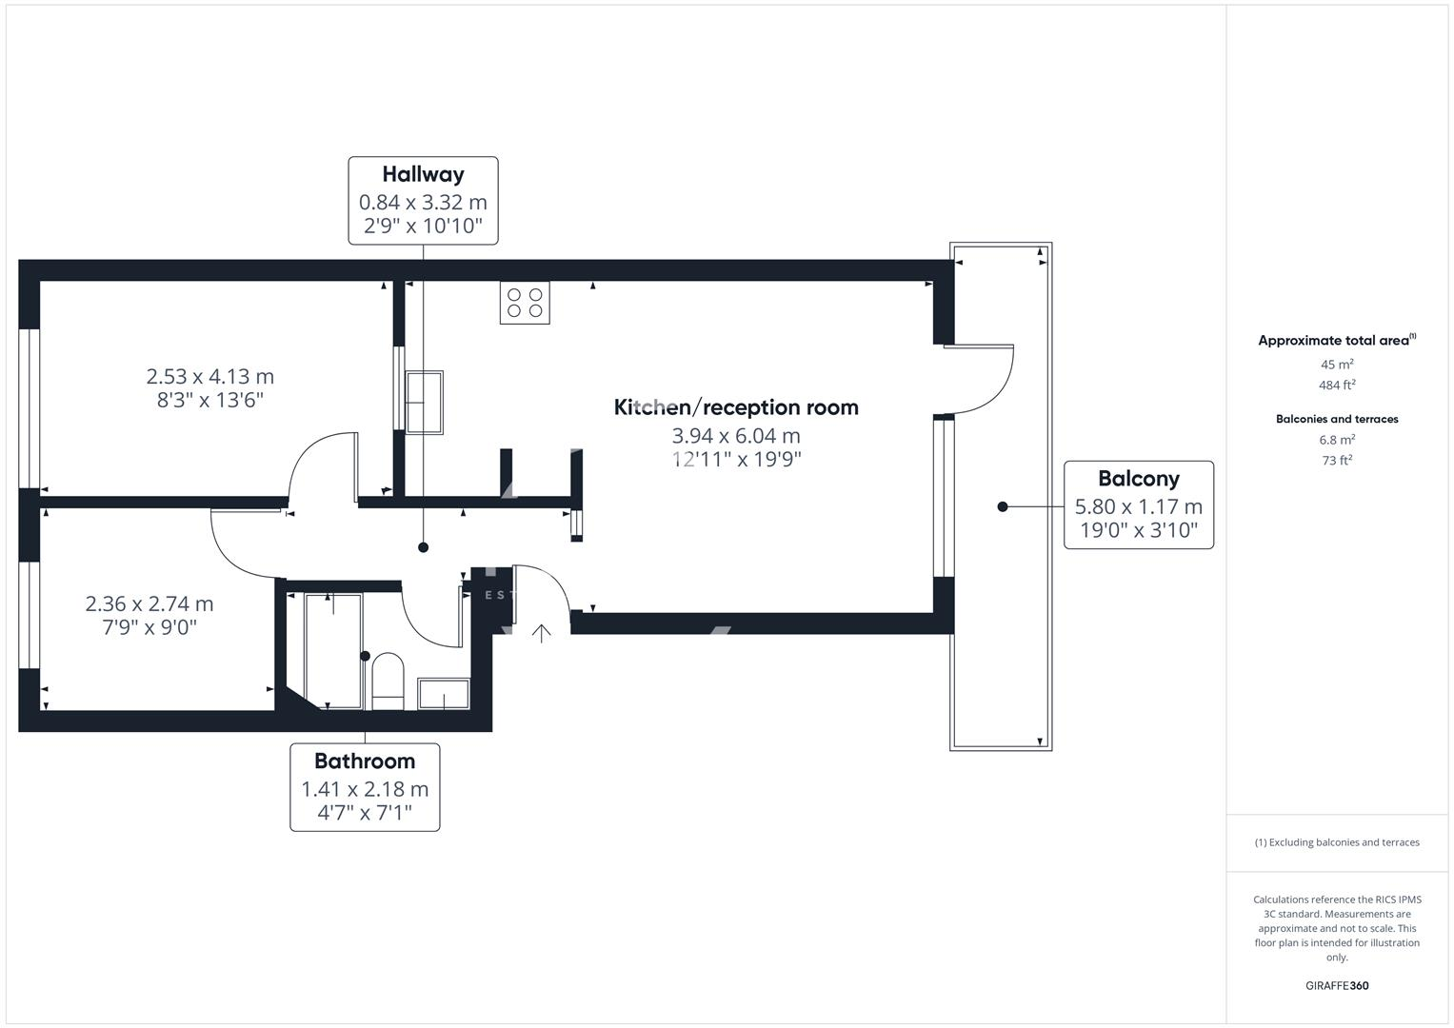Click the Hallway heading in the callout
click(x=423, y=174)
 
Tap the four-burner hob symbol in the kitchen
click(x=525, y=303)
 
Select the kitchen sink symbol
click(x=425, y=403)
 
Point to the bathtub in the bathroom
click(x=332, y=651)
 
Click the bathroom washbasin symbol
click(x=444, y=694)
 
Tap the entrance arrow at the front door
click(x=541, y=633)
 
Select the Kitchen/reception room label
click(x=736, y=407)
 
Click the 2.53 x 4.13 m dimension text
click(x=209, y=377)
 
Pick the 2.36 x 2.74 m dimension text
click(x=149, y=603)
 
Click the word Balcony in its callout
click(x=1138, y=479)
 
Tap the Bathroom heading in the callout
click(x=365, y=761)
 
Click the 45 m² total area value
click(x=1337, y=365)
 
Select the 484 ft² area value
click(x=1337, y=385)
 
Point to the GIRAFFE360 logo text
click(x=1337, y=986)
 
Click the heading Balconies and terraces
click(x=1337, y=419)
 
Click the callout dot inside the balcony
click(x=1002, y=506)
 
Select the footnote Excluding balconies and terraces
click(x=1337, y=842)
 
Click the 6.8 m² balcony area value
click(x=1337, y=440)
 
